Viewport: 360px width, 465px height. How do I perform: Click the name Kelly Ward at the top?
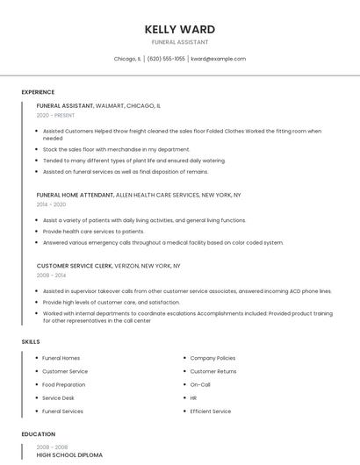179,30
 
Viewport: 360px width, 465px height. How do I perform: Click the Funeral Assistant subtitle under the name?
179,42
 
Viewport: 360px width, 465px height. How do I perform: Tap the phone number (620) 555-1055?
166,59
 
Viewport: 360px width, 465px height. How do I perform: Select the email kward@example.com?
218,59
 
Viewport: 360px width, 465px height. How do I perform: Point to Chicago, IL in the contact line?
127,59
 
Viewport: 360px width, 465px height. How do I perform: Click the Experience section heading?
38,92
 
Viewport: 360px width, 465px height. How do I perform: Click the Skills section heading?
31,341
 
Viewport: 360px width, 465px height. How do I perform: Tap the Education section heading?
39,434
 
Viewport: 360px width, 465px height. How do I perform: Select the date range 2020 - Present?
55,115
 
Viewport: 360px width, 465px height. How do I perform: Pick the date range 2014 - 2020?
51,204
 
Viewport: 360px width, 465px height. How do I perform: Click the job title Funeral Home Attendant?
75,195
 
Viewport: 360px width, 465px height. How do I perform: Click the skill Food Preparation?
64,384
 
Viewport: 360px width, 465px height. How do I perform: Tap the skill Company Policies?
212,358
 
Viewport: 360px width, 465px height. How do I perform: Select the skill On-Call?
200,384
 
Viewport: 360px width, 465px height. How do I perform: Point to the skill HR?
193,397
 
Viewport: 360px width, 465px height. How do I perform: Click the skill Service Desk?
60,397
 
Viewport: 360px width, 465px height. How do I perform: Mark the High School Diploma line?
69,455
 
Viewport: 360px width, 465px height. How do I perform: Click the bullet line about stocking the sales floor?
116,149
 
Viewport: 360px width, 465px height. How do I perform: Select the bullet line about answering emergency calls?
162,242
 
